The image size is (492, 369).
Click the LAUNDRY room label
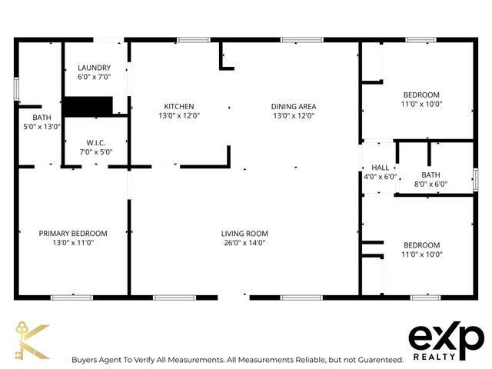[x=95, y=68]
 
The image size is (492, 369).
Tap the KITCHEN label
[x=178, y=106]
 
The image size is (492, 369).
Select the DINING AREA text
[x=294, y=106]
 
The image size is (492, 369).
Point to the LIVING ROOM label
[x=244, y=234]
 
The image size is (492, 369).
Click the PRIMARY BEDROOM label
[x=73, y=233]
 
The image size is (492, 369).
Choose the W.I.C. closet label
[x=95, y=142]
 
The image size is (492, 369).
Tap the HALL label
[x=381, y=168]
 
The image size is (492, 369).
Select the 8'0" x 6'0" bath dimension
[x=430, y=184]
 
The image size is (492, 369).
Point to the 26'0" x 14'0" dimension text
[x=244, y=244]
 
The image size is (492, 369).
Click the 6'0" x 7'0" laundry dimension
[x=95, y=78]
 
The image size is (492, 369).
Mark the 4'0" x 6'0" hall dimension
[x=381, y=177]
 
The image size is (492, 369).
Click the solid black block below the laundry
[x=88, y=106]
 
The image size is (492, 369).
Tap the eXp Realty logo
[x=446, y=341]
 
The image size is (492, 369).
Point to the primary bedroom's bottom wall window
[x=72, y=297]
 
